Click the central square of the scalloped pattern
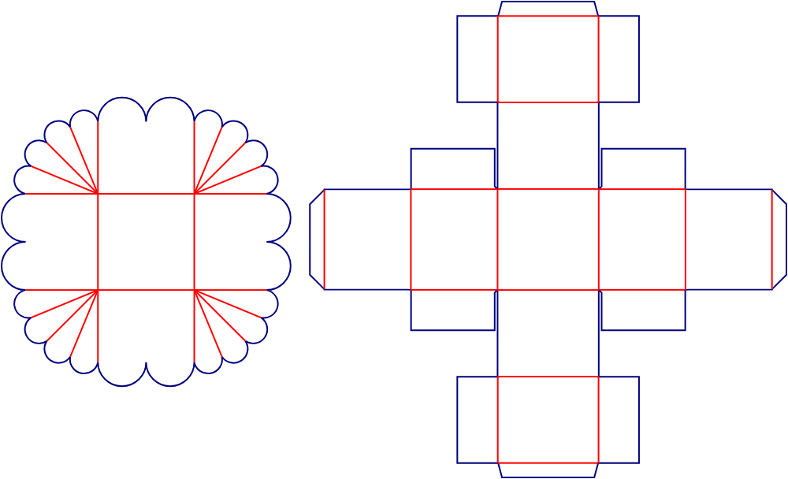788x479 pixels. (x=146, y=242)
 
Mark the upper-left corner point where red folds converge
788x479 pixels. (x=98, y=193)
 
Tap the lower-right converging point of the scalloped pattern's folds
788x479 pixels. (x=195, y=291)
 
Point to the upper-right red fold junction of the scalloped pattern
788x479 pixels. (x=195, y=193)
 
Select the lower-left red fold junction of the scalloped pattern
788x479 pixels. (x=98, y=291)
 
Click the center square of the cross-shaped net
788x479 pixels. (x=548, y=239)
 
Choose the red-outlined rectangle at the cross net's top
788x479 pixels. (x=548, y=59)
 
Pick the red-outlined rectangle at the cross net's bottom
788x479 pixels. (x=548, y=419)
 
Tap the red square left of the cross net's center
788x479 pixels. (x=454, y=239)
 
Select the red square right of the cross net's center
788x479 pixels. (x=641, y=239)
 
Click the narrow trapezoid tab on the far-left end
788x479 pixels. (x=317, y=239)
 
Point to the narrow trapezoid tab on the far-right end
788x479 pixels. (x=779, y=239)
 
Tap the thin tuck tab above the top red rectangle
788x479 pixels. (x=548, y=9)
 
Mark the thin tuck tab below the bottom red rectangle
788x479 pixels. (x=548, y=470)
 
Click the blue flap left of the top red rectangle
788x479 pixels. (x=477, y=59)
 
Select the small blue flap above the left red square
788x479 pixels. (x=452, y=169)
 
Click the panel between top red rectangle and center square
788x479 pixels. (x=548, y=145)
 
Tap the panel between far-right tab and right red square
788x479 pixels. (x=728, y=239)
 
